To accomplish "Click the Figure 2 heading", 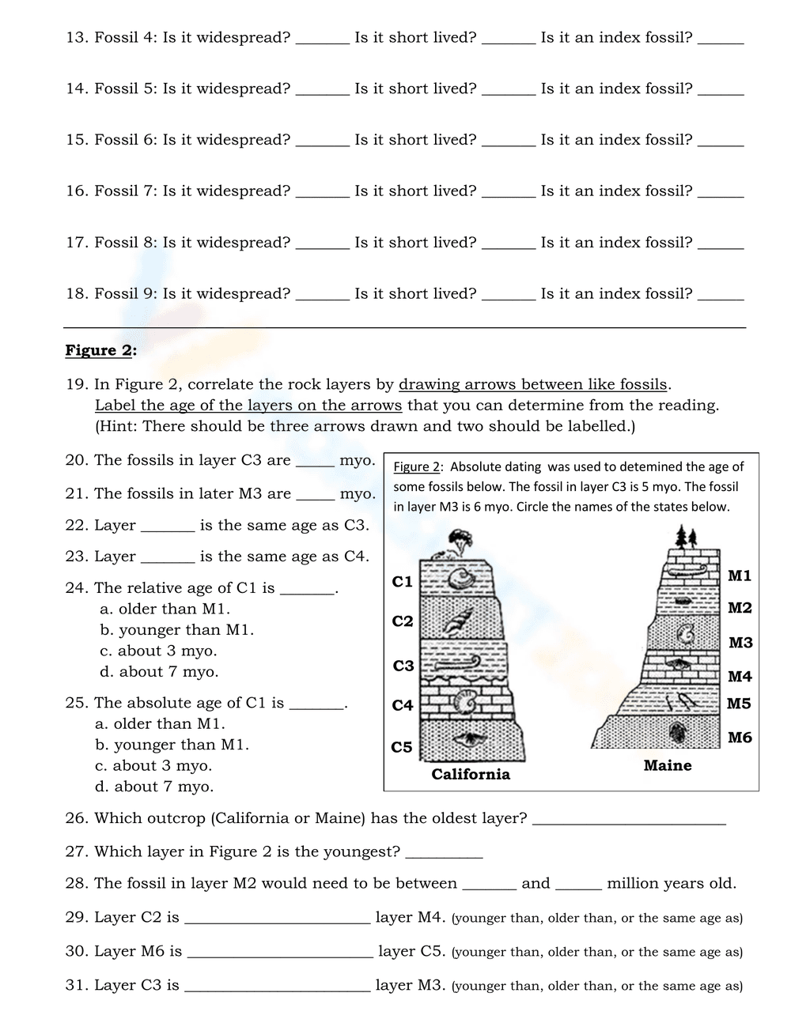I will click(100, 350).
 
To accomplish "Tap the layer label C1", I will click(403, 582).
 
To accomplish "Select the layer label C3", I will click(403, 666).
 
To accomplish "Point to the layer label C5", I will click(402, 747).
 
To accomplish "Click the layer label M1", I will click(740, 576).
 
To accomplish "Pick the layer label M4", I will click(740, 677).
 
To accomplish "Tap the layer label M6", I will click(740, 738).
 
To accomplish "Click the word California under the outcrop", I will click(471, 775).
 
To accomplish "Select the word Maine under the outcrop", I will click(668, 765).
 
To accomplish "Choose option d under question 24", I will click(159, 672).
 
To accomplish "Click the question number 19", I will click(76, 385).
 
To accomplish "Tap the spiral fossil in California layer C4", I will click(467, 700).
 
